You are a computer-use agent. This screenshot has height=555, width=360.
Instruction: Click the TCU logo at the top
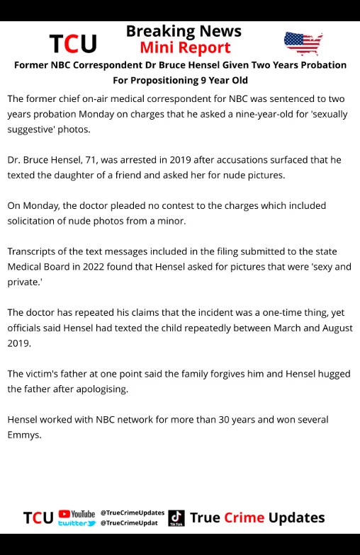(x=73, y=44)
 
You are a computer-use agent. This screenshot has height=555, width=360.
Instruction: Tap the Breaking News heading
(x=184, y=31)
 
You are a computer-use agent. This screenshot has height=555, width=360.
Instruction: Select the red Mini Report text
(x=185, y=47)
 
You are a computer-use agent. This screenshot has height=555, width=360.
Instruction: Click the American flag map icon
(x=303, y=44)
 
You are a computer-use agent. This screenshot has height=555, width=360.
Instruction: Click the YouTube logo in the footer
(x=77, y=513)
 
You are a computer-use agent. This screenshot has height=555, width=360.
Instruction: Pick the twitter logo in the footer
(x=77, y=523)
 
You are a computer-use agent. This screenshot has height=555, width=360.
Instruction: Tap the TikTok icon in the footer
(x=176, y=518)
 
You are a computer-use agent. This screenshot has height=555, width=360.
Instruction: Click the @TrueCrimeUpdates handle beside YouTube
(x=133, y=513)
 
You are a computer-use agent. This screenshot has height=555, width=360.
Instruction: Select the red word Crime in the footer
(x=244, y=517)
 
